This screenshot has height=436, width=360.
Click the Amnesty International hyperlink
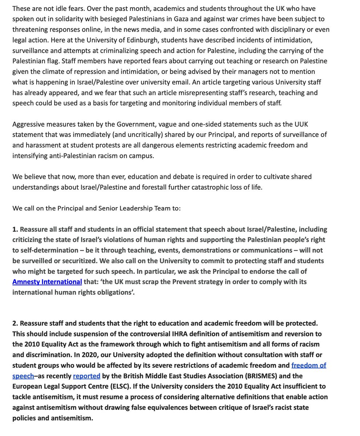(47, 282)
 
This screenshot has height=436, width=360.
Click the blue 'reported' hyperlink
(86, 376)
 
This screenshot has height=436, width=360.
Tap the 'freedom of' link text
(308, 365)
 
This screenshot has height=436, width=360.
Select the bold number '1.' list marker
(15, 229)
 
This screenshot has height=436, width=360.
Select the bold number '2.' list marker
(15, 323)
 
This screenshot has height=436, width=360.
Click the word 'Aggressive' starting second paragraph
(28, 124)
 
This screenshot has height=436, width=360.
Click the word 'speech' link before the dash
(23, 376)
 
